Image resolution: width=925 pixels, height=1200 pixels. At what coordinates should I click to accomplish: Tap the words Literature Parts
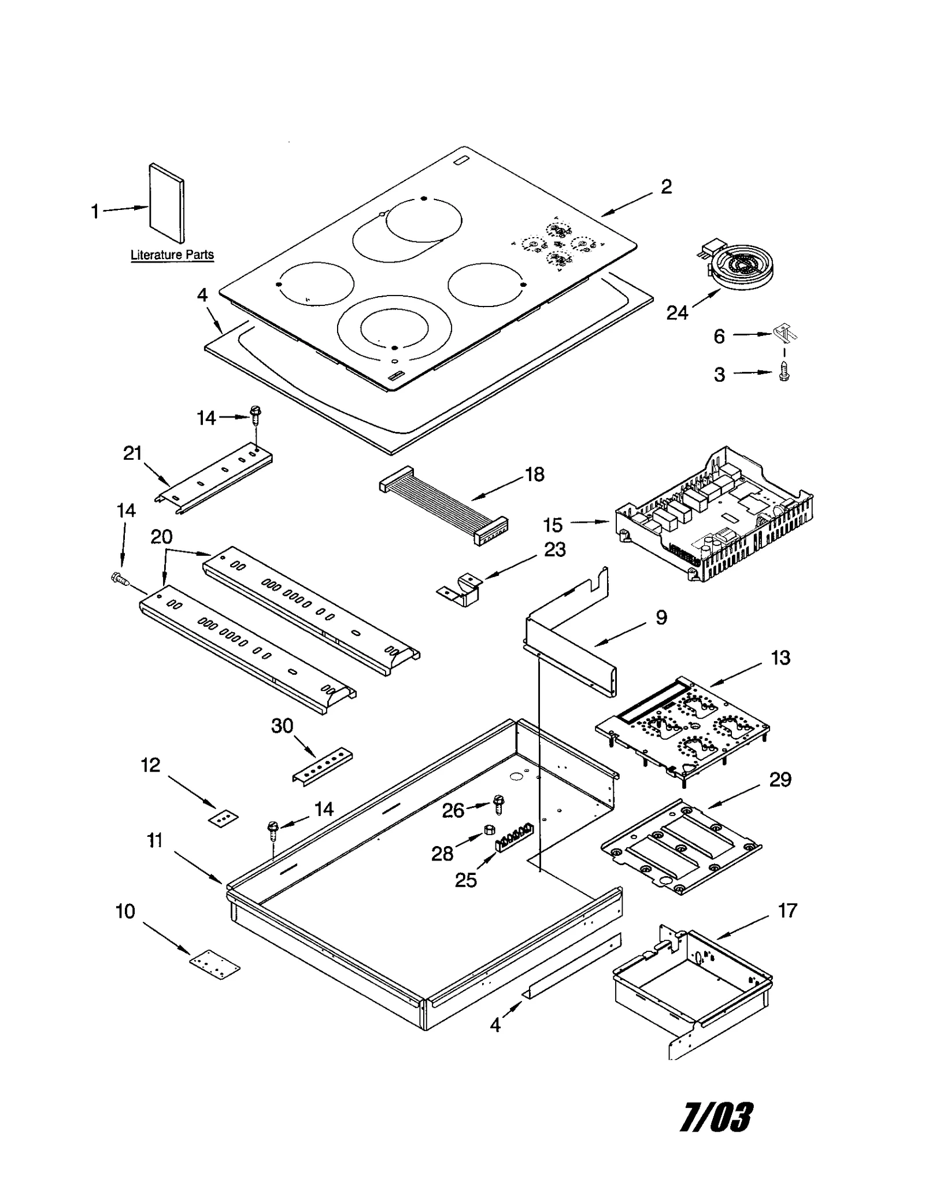coord(172,254)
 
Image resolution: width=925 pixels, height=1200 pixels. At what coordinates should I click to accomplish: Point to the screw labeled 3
coord(784,372)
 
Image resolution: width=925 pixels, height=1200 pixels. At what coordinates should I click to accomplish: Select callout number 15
coord(552,525)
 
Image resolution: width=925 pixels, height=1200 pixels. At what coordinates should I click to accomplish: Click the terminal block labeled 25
coord(513,837)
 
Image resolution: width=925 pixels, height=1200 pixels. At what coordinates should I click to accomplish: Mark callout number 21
coord(132,453)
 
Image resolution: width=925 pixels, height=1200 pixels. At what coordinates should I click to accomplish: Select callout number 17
coord(787,911)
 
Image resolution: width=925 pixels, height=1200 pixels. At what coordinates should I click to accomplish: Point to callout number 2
coord(666,186)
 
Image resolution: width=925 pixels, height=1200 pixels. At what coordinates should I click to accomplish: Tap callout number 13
coord(780,658)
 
